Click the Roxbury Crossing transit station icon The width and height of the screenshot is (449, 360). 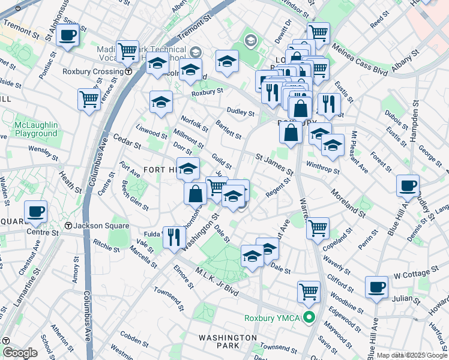(x=129, y=71)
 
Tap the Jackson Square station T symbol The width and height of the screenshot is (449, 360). (x=68, y=226)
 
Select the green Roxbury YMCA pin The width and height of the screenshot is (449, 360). (x=309, y=317)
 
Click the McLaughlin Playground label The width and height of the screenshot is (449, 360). (x=36, y=129)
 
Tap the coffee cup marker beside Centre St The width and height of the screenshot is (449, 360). (x=35, y=211)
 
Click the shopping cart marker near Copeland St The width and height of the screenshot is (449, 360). (x=317, y=227)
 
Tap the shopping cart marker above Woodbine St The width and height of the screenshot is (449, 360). (x=309, y=292)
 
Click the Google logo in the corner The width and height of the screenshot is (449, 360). (x=20, y=353)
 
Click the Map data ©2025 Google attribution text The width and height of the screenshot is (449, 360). (x=412, y=355)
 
